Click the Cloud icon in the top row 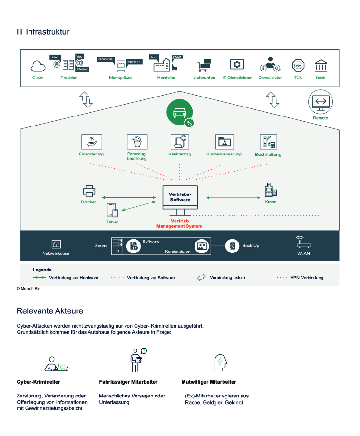38,66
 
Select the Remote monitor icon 320,102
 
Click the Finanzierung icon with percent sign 91,141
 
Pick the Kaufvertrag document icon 179,141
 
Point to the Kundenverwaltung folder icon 224,141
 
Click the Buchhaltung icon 268,141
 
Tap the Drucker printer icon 88,191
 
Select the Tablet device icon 112,211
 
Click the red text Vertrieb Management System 179,224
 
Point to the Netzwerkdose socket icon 56,244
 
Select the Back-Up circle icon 232,246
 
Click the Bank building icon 321,65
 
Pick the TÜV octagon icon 298,66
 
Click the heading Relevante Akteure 50,311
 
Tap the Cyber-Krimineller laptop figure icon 57,363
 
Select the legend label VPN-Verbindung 307,277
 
